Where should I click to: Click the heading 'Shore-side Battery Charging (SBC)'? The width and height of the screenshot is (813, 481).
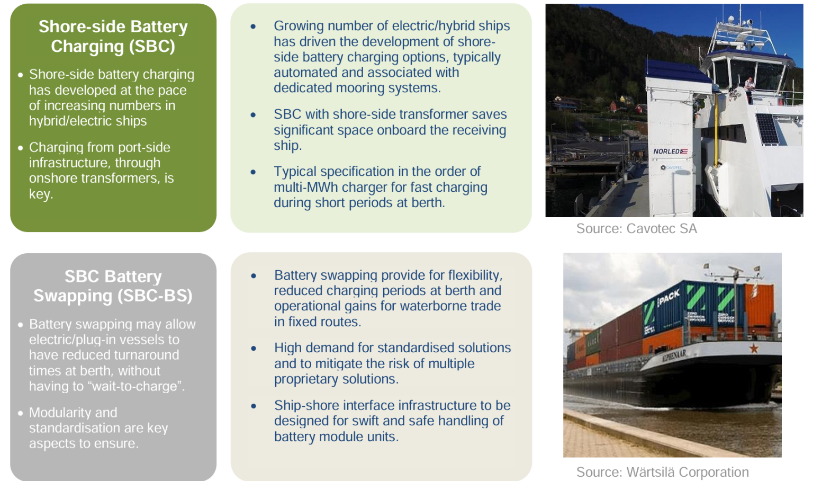click(113, 37)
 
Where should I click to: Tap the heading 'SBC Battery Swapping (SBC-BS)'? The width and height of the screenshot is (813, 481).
click(113, 286)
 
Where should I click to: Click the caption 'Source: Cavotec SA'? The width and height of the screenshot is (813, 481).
click(636, 229)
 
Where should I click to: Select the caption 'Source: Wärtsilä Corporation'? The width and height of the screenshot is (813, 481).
click(662, 472)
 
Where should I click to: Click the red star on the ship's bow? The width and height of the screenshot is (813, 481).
click(754, 348)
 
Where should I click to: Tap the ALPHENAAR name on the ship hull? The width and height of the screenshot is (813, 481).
click(673, 355)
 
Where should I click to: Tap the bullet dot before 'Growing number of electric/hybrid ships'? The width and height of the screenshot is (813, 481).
click(254, 26)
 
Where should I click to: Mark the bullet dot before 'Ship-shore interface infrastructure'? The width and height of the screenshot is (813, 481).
click(254, 406)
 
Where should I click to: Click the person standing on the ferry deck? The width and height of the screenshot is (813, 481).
click(749, 86)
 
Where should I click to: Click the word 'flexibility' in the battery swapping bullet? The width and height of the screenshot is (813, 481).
click(474, 275)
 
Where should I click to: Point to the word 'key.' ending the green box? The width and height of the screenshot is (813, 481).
click(41, 194)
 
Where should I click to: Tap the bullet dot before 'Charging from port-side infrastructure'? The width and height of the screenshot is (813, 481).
click(20, 148)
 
